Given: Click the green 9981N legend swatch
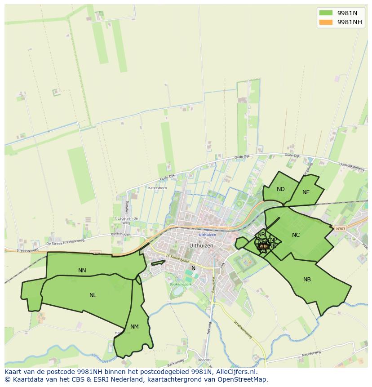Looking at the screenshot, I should click(326, 13).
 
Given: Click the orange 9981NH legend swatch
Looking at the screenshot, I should click(326, 22).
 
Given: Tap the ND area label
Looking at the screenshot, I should click(281, 189).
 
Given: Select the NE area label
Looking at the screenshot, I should click(306, 192).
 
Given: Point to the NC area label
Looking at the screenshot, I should click(296, 235).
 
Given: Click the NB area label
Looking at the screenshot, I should click(307, 280).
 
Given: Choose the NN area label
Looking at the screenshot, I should click(82, 271).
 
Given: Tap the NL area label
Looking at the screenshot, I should click(93, 295).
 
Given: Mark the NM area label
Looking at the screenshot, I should click(134, 327).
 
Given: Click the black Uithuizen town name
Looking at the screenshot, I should click(201, 246).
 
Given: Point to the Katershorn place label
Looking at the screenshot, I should click(157, 187).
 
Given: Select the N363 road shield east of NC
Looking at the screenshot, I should click(340, 229).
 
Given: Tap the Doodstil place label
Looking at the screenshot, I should click(204, 360).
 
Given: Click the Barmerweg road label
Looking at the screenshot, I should click(176, 362).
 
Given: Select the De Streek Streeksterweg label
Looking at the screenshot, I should click(65, 243).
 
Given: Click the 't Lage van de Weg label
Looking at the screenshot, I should click(126, 220).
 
